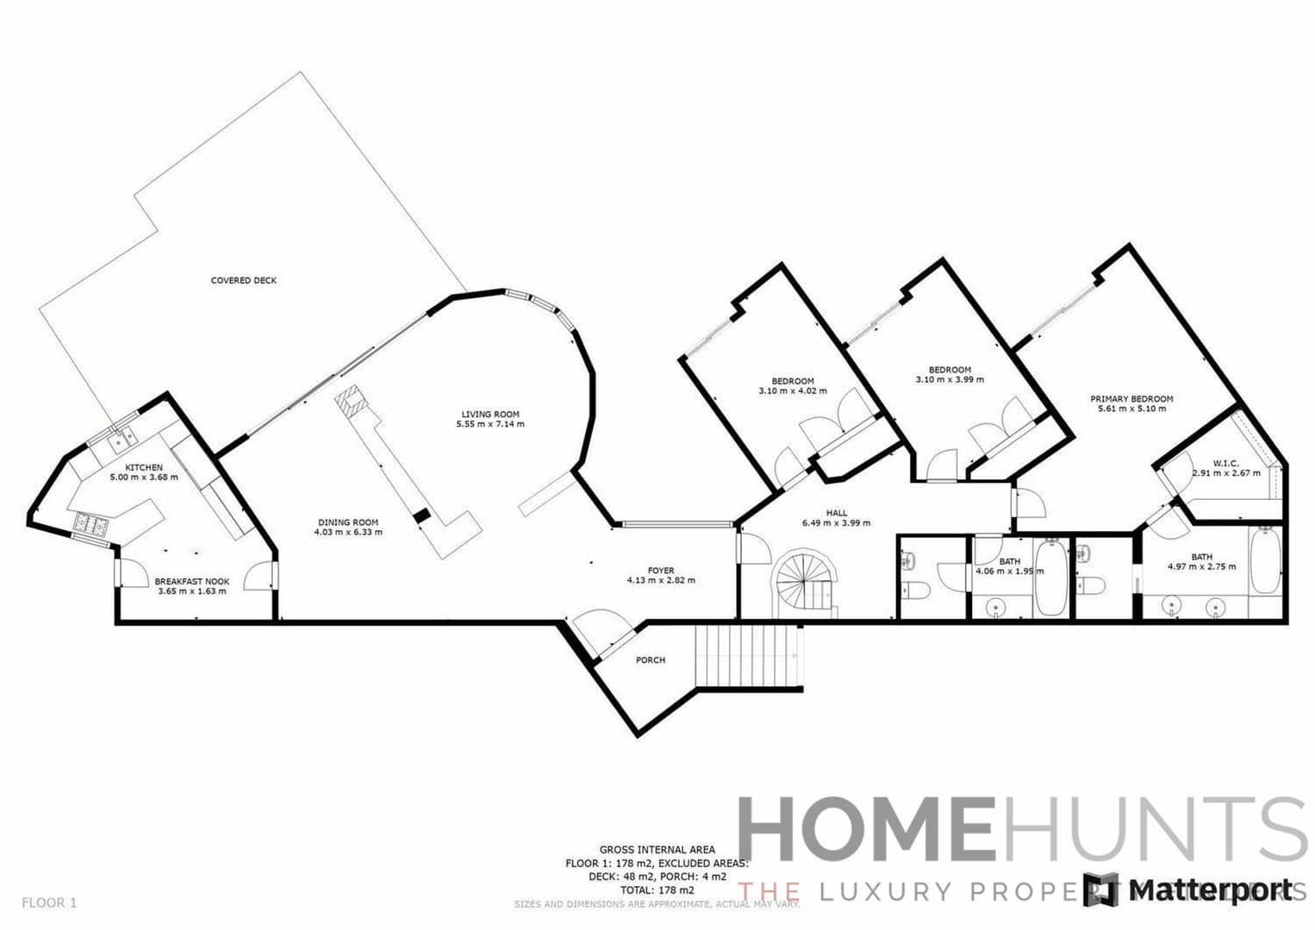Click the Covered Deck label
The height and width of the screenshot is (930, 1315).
coord(244,280)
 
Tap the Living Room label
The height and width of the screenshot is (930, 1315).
coord(490,415)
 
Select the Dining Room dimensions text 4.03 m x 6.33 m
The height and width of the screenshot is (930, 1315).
coord(348,533)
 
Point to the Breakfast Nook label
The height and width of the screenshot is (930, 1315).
coord(192,582)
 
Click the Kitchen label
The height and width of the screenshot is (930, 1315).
coord(144,467)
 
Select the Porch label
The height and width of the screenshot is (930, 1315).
coord(651,660)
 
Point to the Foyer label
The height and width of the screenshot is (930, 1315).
coord(661,571)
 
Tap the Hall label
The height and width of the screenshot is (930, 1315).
coord(836,513)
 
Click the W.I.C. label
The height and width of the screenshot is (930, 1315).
coord(1225,464)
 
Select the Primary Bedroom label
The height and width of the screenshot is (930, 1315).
coord(1131,399)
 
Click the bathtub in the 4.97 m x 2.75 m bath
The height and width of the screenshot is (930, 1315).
coord(1265,561)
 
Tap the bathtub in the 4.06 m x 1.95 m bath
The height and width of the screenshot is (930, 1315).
coord(1051,576)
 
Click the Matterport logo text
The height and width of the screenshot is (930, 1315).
coord(1211,890)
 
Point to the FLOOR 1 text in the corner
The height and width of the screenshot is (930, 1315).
coord(49,903)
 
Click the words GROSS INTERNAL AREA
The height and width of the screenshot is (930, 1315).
coord(657,850)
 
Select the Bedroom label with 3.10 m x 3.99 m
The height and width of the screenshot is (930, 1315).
coord(950,370)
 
